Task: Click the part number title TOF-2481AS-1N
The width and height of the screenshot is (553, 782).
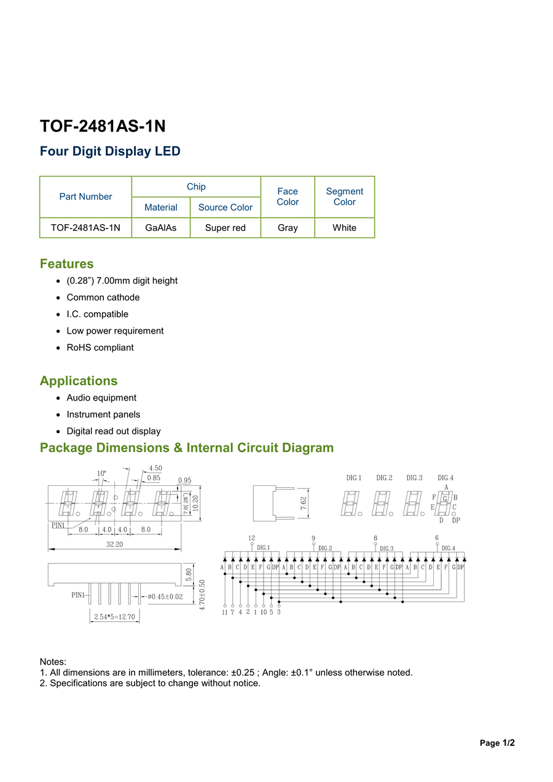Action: tap(103, 126)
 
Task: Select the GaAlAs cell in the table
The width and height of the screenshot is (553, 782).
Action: tap(161, 228)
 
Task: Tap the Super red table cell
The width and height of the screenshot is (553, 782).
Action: tap(226, 228)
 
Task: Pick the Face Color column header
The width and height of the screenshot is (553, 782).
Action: tap(288, 197)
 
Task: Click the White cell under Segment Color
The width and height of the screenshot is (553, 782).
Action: tap(344, 228)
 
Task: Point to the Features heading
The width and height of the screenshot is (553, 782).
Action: tap(67, 264)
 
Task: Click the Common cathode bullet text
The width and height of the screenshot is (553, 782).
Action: tap(103, 297)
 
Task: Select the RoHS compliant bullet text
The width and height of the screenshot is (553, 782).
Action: tap(100, 348)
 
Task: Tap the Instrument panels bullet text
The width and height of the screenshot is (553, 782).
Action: tap(103, 415)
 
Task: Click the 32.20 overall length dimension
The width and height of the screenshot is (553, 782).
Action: tap(115, 544)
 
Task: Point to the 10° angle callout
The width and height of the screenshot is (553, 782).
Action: tap(101, 474)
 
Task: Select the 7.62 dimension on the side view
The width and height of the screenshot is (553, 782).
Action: tap(304, 503)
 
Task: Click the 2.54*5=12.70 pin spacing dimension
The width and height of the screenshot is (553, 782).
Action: tap(114, 617)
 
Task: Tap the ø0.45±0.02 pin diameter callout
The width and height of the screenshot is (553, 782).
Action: tap(165, 596)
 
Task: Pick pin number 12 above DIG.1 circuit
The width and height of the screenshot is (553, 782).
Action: tap(252, 538)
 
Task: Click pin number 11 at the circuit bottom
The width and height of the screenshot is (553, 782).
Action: tap(225, 612)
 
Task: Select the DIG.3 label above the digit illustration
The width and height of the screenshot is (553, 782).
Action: tap(415, 478)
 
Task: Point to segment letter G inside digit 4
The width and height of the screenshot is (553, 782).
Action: tap(445, 498)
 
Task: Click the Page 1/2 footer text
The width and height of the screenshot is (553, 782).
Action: tap(497, 743)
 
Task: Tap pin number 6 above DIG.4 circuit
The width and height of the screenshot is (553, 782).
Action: tap(437, 538)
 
